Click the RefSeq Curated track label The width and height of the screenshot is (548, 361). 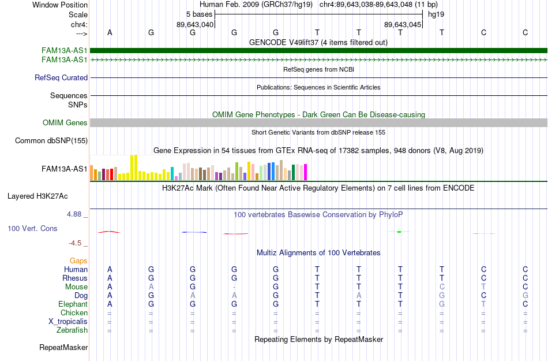tap(61, 77)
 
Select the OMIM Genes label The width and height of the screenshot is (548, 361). tap(65, 123)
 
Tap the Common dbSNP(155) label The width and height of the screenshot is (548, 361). tap(51, 140)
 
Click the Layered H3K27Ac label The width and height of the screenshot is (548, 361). tap(37, 196)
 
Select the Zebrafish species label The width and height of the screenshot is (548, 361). tap(72, 330)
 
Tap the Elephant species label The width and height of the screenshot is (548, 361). tap(73, 304)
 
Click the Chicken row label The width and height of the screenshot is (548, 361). tap(74, 312)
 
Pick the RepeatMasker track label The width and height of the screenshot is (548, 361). tap(63, 347)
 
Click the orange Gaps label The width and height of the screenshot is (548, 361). tap(78, 260)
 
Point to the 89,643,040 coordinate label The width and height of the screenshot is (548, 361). tap(195, 24)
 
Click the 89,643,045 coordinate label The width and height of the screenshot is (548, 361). tap(403, 24)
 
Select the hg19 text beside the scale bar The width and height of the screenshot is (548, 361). tap(436, 14)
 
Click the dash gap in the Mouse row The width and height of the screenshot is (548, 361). tap(234, 287)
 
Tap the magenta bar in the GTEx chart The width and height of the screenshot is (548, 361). tap(306, 172)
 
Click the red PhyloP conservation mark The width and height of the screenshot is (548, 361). tap(109, 232)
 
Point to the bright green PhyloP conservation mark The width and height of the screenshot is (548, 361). tap(399, 232)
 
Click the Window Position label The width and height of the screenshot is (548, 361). tap(60, 5)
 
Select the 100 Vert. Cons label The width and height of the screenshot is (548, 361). tap(32, 228)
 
